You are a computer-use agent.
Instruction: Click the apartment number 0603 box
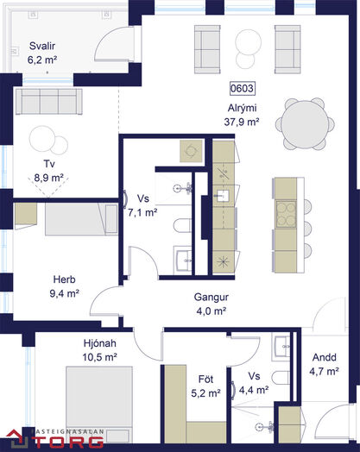click(x=243, y=88)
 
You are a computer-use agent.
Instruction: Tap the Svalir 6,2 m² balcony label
click(x=42, y=53)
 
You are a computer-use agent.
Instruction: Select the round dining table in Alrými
click(x=305, y=124)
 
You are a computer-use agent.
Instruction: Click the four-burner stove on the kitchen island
click(x=286, y=214)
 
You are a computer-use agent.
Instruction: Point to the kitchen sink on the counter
click(x=222, y=195)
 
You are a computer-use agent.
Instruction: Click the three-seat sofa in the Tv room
click(x=48, y=102)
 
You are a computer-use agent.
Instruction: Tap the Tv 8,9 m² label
click(x=48, y=171)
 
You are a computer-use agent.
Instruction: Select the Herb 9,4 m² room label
click(x=65, y=286)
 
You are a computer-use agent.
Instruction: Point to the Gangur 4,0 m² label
click(x=212, y=304)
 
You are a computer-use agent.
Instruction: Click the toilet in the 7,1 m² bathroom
click(x=182, y=225)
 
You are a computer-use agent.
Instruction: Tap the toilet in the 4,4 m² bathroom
click(x=281, y=378)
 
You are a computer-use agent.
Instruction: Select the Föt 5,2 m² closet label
click(x=205, y=386)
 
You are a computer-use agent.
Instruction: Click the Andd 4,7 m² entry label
click(x=325, y=364)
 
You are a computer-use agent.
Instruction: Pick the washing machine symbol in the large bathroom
click(x=191, y=151)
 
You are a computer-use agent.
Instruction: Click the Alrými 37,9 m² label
click(x=242, y=115)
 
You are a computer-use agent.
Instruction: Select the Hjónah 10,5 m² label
click(x=99, y=350)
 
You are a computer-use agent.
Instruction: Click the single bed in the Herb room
click(x=81, y=219)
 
